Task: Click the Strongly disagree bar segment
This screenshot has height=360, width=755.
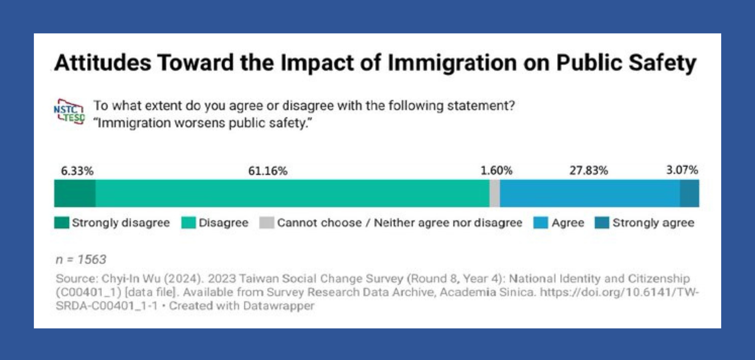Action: (75, 193)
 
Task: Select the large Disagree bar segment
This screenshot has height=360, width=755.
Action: (293, 193)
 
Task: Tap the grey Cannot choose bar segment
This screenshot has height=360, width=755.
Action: (495, 193)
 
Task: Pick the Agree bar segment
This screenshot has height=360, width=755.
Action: (590, 193)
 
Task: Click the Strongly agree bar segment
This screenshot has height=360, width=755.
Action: (689, 193)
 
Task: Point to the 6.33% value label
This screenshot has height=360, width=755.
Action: (77, 171)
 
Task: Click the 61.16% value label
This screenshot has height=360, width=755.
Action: (268, 171)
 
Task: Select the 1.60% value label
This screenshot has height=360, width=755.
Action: (496, 171)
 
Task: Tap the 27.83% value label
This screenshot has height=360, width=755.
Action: (589, 171)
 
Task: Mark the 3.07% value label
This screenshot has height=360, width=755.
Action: (682, 170)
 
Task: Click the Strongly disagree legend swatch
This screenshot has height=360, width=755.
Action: (62, 222)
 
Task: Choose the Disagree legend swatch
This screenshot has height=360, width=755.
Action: (188, 222)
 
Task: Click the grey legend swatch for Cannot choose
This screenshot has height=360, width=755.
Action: (267, 222)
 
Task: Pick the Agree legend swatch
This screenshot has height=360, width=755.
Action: (541, 222)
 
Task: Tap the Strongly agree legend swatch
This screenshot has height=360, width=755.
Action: (602, 222)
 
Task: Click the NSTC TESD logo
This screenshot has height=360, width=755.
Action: (69, 112)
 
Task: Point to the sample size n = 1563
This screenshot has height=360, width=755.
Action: (81, 259)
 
